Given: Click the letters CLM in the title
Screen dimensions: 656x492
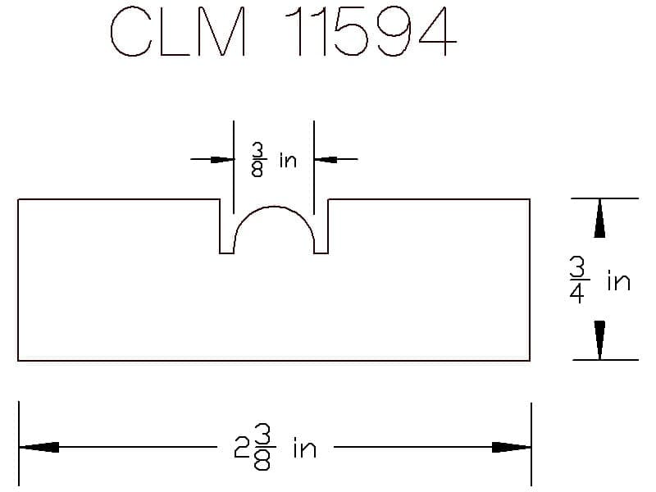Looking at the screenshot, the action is [x=178, y=31].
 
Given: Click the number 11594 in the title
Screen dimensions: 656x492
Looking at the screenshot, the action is [x=371, y=31].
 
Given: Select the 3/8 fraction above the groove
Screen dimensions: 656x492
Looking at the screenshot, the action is [x=258, y=159].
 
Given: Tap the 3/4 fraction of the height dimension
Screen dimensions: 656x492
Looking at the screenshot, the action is [x=579, y=280].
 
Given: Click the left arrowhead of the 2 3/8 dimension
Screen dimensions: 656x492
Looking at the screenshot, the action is [x=39, y=447].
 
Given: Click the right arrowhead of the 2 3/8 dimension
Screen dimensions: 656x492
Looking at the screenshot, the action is [x=511, y=447].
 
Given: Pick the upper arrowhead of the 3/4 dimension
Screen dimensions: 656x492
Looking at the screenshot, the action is [x=600, y=218].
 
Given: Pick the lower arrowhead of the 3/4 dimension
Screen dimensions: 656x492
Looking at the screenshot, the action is [x=600, y=340].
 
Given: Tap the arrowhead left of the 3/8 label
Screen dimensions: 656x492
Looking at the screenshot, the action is [x=222, y=159].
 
